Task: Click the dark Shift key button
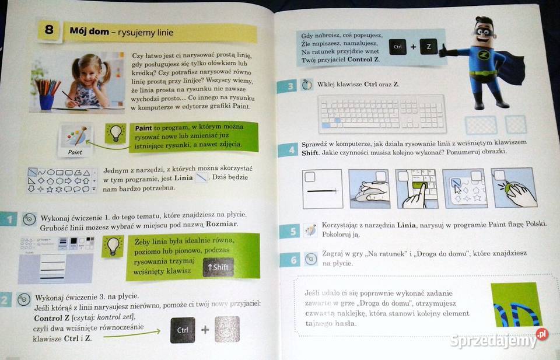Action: click(218, 267)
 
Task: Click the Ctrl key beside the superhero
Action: click(398, 47)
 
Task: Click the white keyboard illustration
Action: click(383, 112)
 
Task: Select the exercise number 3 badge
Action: click(286, 87)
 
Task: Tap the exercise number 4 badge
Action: click(287, 149)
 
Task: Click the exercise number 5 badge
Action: click(288, 231)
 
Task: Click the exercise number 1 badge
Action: click(9, 219)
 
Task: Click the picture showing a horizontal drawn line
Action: click(323, 188)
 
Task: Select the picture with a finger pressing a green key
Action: click(416, 188)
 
